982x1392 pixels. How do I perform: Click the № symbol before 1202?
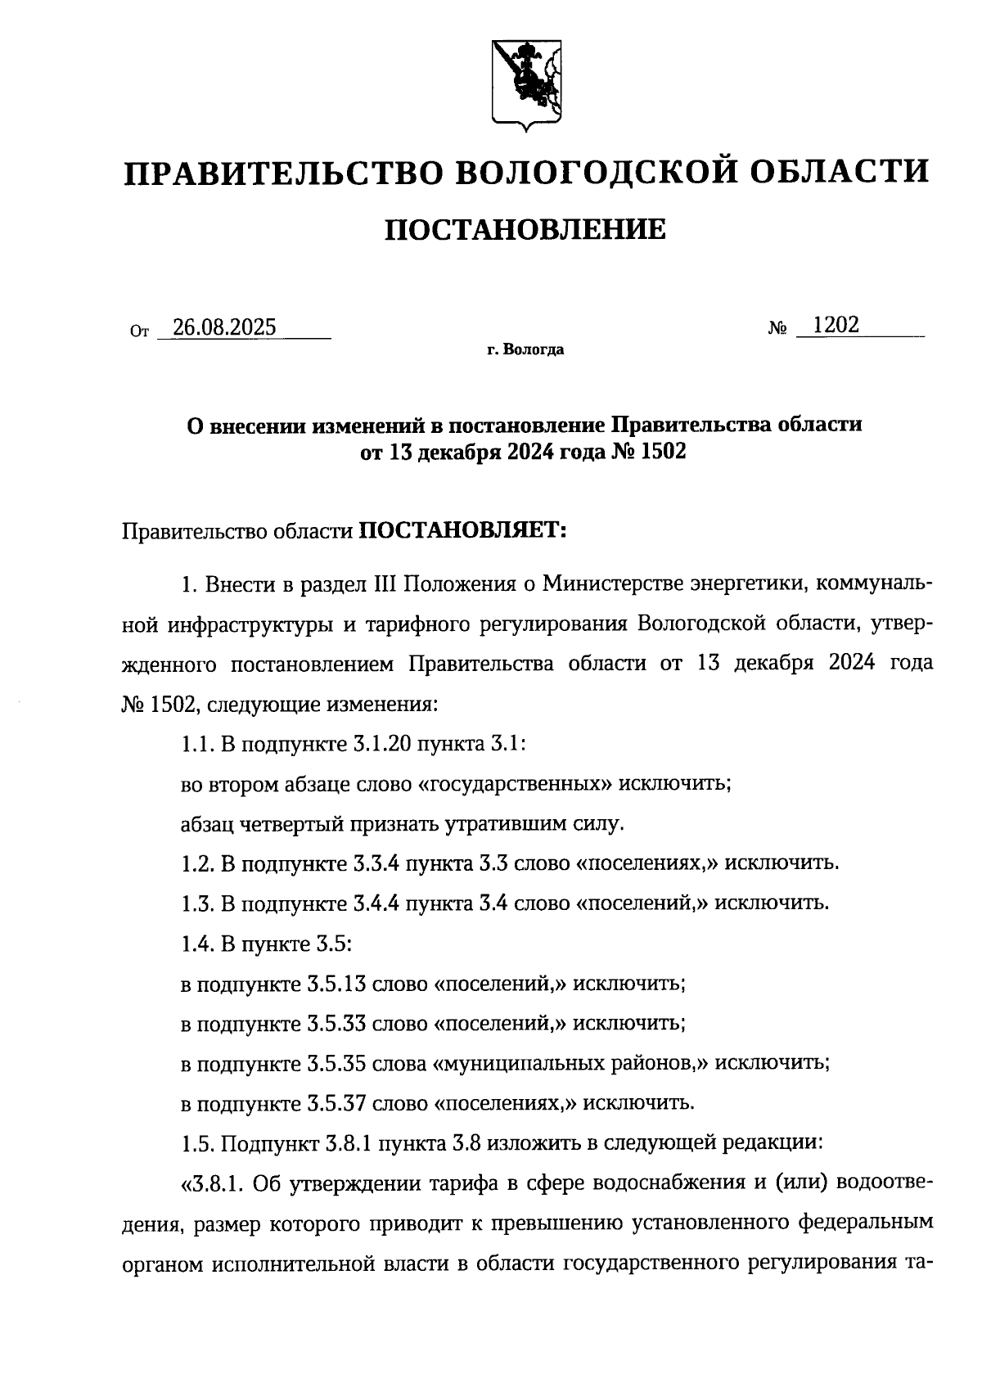coord(777,329)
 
